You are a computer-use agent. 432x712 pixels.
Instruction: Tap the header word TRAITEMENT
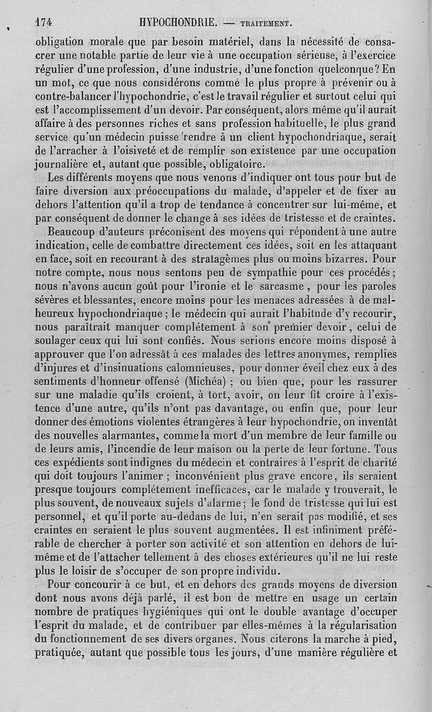[x=266, y=23]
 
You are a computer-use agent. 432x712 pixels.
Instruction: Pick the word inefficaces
[x=226, y=490]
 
